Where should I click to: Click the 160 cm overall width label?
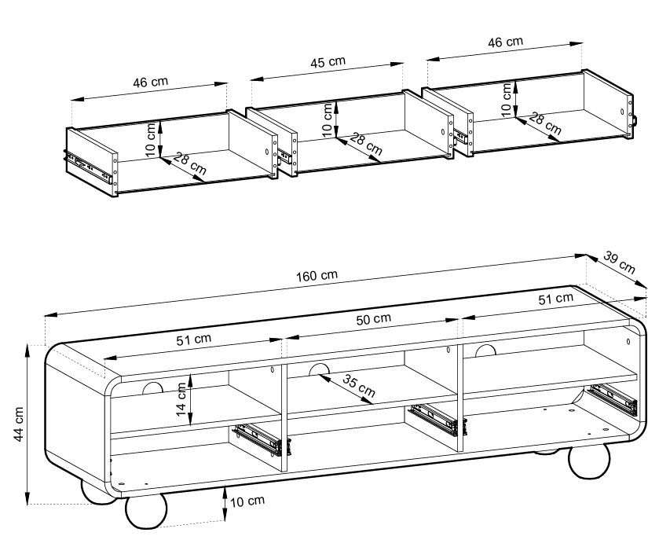click(x=317, y=276)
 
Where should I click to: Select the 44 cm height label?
click(x=20, y=424)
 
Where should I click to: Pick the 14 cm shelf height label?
click(x=182, y=401)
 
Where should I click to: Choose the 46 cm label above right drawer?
click(x=506, y=42)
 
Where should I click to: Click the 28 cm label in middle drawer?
click(x=365, y=144)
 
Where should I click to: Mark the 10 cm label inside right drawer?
click(x=507, y=97)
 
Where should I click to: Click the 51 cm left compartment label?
click(x=193, y=339)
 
